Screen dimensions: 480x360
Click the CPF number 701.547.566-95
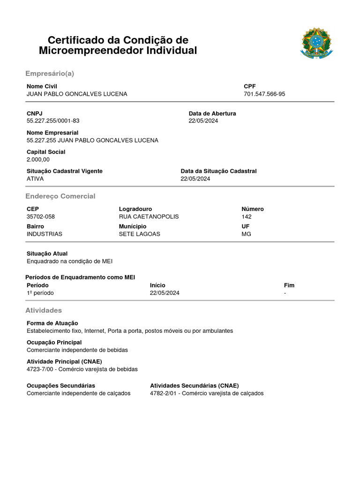point(264,94)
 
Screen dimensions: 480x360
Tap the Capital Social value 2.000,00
point(38,159)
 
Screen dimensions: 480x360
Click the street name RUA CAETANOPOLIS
point(149,217)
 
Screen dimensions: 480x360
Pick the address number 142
point(247,217)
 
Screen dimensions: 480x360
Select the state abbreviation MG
point(246,234)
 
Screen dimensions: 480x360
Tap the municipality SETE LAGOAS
point(139,234)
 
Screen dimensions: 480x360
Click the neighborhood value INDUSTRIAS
point(45,234)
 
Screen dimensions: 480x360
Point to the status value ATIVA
point(35,179)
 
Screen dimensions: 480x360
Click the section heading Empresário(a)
point(50,74)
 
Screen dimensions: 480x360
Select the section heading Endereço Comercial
point(60,196)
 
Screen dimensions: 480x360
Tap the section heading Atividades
point(43,310)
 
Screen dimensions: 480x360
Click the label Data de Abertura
point(212,113)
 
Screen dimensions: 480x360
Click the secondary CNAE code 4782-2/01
point(165,393)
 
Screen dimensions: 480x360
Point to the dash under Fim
point(285,293)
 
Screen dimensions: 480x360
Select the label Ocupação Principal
point(54,342)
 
